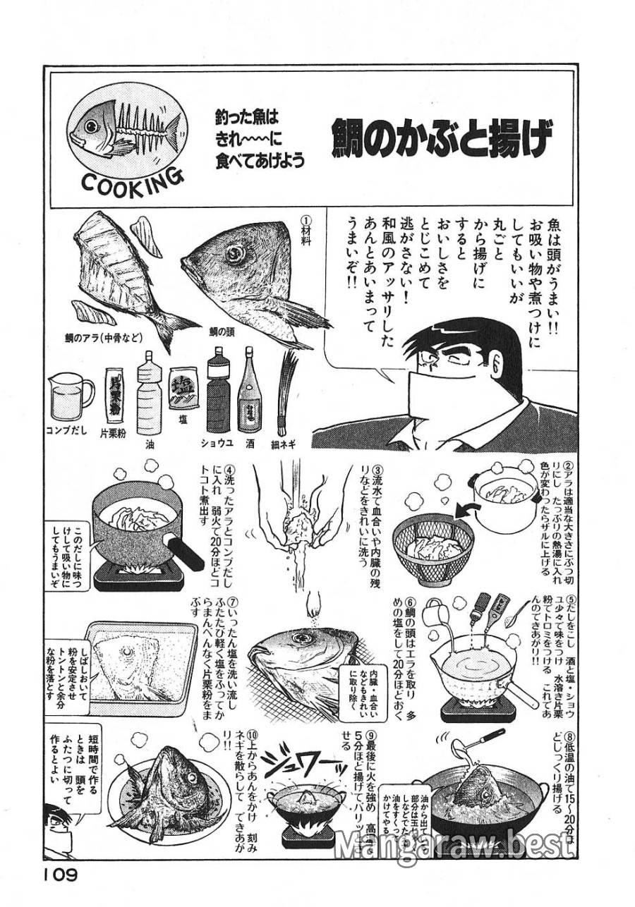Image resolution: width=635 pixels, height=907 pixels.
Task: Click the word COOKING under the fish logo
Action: (x=133, y=183)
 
